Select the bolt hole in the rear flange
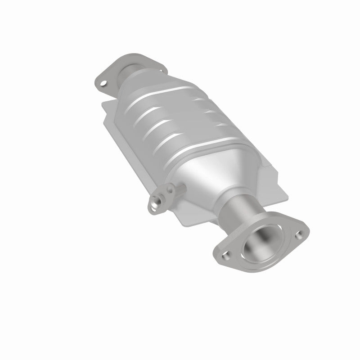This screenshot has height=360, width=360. point(104,84)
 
